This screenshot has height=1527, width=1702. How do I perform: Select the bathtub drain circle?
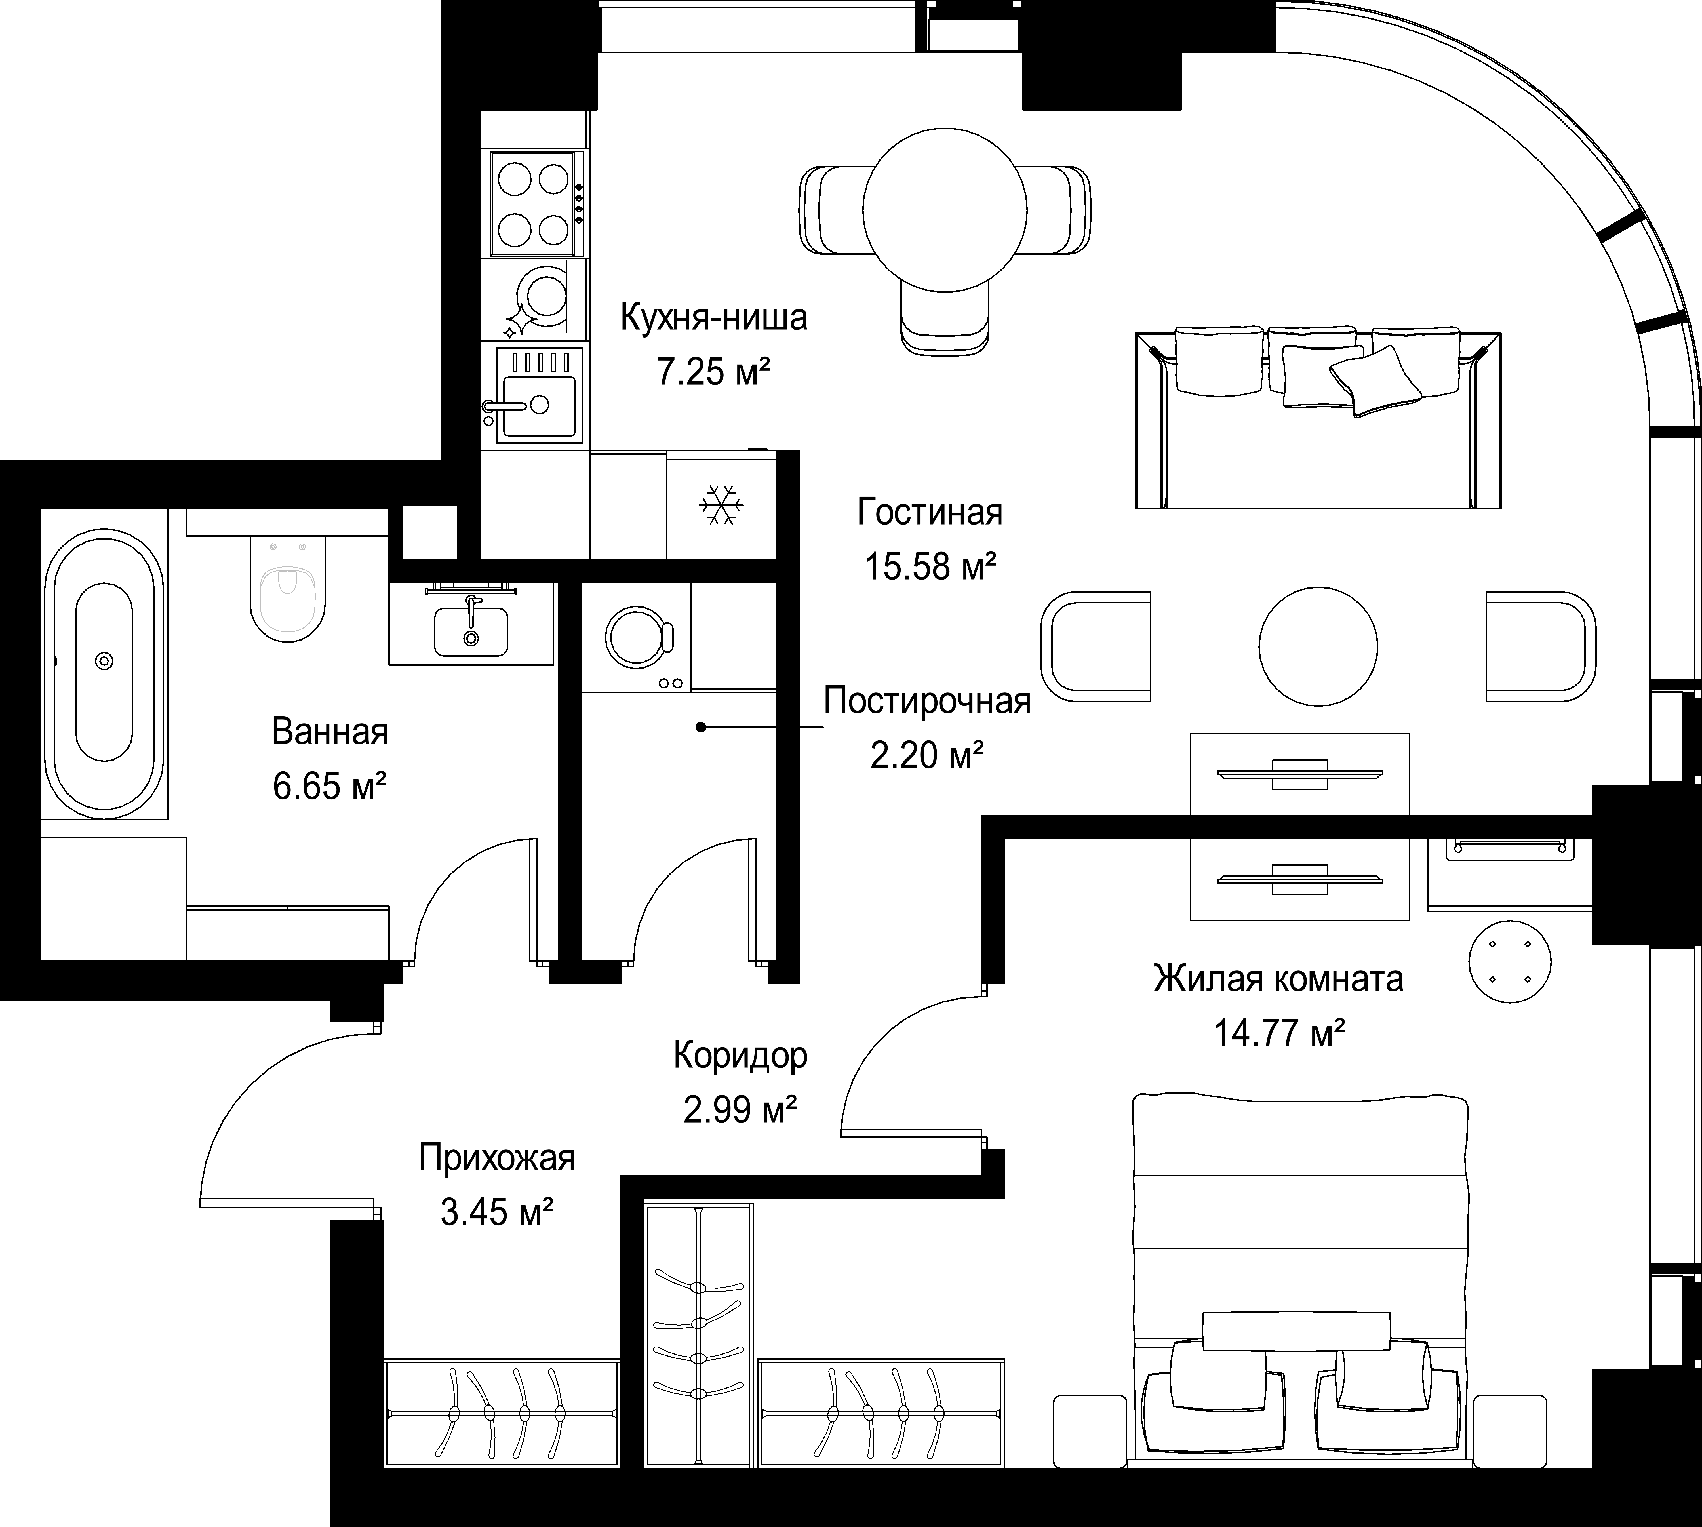(x=104, y=661)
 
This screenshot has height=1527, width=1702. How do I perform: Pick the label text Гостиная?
(x=929, y=512)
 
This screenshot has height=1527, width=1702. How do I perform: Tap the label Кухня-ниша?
(x=714, y=318)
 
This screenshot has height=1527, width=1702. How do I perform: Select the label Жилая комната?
(x=1278, y=978)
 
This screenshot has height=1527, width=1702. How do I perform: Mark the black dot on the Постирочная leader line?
(x=700, y=727)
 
